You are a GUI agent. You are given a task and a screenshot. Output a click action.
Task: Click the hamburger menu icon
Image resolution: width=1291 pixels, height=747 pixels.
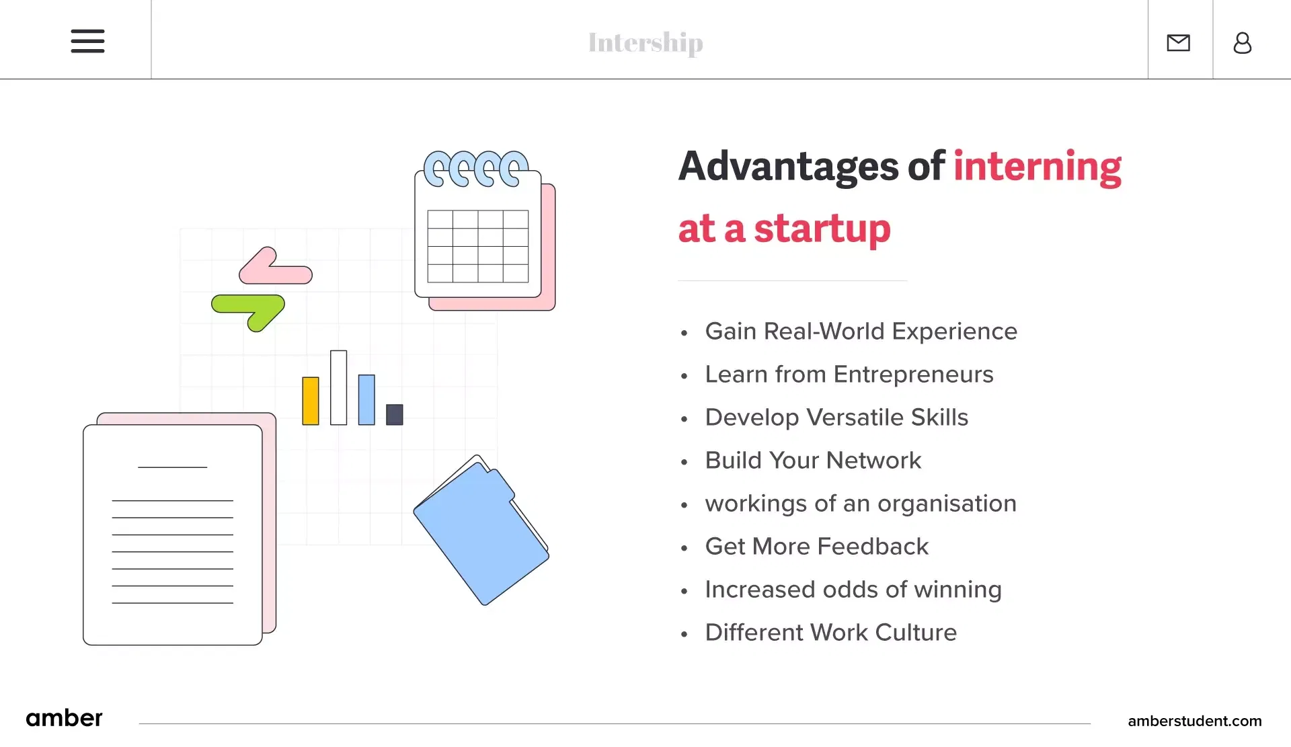[87, 41]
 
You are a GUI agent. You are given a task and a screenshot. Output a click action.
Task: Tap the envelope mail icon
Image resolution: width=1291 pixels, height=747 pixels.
[1178, 43]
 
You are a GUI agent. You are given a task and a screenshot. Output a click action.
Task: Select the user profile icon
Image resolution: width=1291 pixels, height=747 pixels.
[1242, 43]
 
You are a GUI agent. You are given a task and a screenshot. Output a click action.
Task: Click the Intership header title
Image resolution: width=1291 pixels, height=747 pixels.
[645, 42]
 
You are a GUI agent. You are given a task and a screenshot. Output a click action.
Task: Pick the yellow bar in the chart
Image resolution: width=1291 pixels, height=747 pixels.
[311, 401]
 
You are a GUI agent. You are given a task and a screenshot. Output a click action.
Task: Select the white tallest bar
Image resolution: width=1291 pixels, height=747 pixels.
[338, 387]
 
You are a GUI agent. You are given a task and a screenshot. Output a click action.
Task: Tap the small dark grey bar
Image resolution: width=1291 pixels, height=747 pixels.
[395, 414]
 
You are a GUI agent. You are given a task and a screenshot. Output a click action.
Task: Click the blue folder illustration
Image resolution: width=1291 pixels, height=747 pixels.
[481, 531]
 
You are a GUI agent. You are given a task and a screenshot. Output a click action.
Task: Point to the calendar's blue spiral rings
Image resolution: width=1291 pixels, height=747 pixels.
[475, 168]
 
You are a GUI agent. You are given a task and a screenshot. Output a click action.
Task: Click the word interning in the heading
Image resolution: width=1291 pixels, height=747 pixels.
[1037, 167]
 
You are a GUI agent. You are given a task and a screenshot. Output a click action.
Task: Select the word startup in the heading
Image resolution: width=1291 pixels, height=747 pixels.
[822, 229]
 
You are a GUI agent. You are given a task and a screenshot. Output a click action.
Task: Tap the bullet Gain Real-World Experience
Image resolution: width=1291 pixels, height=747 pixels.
[861, 331]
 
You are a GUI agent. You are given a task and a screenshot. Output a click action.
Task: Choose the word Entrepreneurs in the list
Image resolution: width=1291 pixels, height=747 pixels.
[913, 375]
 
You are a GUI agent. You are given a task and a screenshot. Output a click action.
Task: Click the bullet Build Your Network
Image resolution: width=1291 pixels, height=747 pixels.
[812, 461]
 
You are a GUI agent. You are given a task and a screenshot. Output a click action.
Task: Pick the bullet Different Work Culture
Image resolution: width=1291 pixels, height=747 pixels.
[830, 633]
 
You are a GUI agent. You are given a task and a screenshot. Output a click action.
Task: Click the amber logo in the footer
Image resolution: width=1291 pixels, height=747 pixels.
[64, 718]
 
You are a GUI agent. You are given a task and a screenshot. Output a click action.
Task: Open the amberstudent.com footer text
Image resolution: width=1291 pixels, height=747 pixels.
[1194, 721]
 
